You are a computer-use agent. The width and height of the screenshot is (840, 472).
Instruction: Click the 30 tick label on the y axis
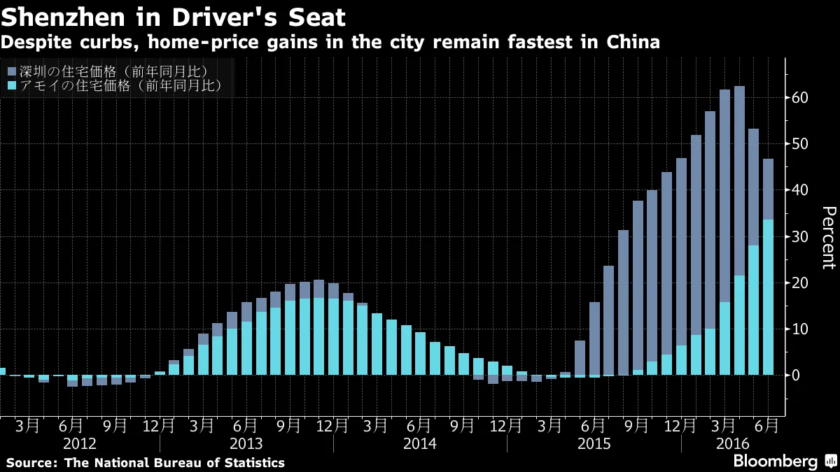click(801, 237)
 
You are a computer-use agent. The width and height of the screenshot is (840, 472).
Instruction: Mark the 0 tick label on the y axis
click(797, 376)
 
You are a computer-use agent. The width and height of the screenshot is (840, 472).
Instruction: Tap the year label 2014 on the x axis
click(420, 444)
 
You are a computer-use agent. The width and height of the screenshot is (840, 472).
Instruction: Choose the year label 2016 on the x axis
click(733, 444)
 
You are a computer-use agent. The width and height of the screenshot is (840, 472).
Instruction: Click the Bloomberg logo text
click(775, 462)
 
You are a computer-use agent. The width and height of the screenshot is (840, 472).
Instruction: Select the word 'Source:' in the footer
click(31, 462)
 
